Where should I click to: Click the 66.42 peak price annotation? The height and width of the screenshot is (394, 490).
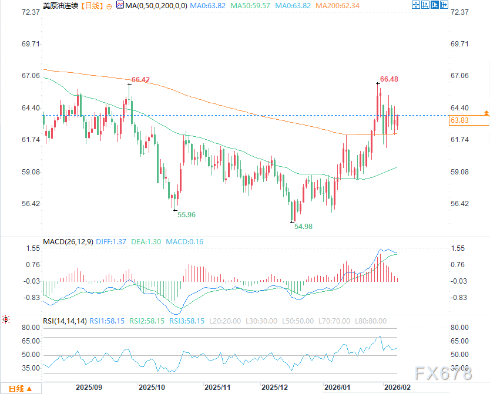click(140, 80)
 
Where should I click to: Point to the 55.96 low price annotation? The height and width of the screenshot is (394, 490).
click(186, 215)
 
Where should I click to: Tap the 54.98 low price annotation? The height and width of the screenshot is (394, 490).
click(303, 226)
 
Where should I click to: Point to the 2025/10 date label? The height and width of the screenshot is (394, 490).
click(152, 388)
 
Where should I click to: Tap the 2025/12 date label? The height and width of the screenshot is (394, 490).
click(275, 388)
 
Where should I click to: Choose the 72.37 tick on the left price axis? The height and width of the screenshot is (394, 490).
click(30, 12)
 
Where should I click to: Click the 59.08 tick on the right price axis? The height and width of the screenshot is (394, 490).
click(459, 172)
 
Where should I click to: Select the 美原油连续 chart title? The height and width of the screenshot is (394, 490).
click(60, 5)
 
